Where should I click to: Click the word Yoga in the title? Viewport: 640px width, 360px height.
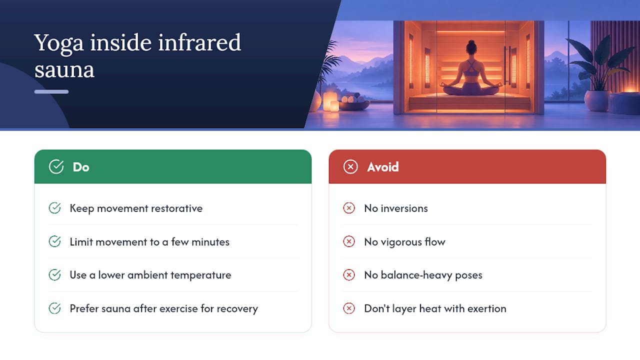[59, 43]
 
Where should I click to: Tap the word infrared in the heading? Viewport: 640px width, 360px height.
[199, 42]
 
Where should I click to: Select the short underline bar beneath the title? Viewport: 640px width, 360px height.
[51, 91]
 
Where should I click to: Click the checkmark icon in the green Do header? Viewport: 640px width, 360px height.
[56, 166]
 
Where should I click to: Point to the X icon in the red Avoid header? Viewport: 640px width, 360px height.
[350, 166]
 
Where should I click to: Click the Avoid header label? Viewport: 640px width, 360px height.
[383, 167]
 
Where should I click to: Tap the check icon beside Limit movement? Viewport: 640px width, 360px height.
[54, 241]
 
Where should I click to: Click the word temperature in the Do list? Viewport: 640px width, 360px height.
[201, 275]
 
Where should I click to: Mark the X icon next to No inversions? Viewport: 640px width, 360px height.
[349, 208]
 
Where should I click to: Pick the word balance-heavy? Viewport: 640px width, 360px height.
[416, 275]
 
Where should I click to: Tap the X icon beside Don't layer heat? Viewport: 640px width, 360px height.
[349, 308]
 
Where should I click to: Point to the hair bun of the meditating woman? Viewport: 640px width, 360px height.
[471, 43]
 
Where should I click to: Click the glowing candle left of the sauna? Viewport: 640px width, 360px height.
[330, 101]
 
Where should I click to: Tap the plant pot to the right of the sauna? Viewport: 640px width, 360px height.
[597, 100]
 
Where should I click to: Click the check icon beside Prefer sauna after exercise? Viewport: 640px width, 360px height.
[54, 308]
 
